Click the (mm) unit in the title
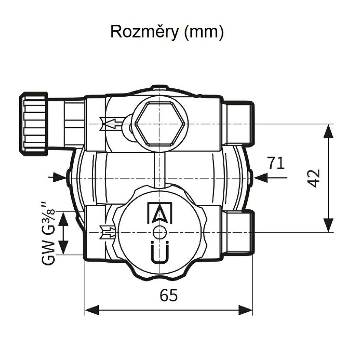click(204, 33)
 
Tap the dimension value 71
click(275, 164)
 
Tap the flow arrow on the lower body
click(108, 233)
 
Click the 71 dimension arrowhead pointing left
click(261, 177)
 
